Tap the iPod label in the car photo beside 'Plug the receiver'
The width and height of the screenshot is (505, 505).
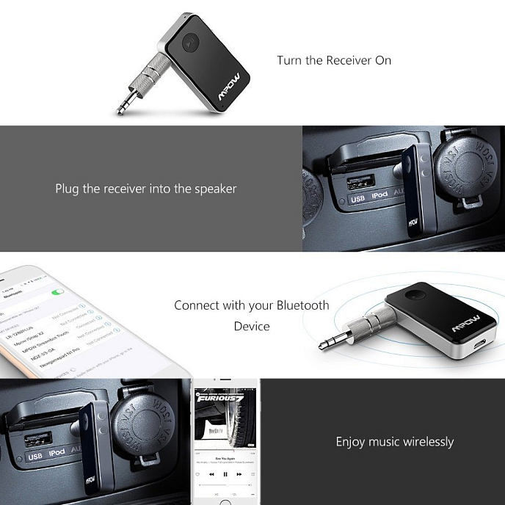point(379,198)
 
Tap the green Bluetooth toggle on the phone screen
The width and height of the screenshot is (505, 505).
point(57,292)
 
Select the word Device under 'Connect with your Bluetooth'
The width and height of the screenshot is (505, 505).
point(252,326)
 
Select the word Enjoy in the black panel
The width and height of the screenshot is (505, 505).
point(350,441)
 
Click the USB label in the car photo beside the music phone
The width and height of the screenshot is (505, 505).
point(35,457)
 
